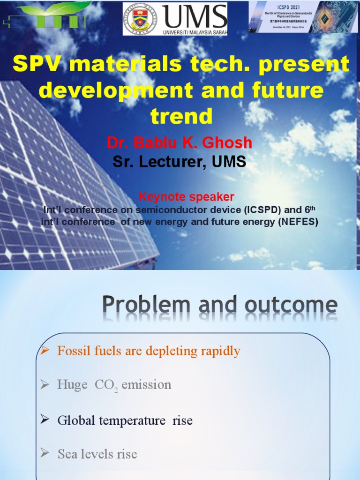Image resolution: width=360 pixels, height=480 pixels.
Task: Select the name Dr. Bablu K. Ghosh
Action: (x=180, y=142)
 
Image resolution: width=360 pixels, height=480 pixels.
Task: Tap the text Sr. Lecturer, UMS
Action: (x=180, y=162)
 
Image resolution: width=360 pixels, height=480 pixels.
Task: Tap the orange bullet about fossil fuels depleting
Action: (x=149, y=351)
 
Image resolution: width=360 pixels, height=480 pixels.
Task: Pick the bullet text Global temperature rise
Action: (x=125, y=420)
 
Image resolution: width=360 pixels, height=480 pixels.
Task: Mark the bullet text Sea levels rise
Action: (x=97, y=454)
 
